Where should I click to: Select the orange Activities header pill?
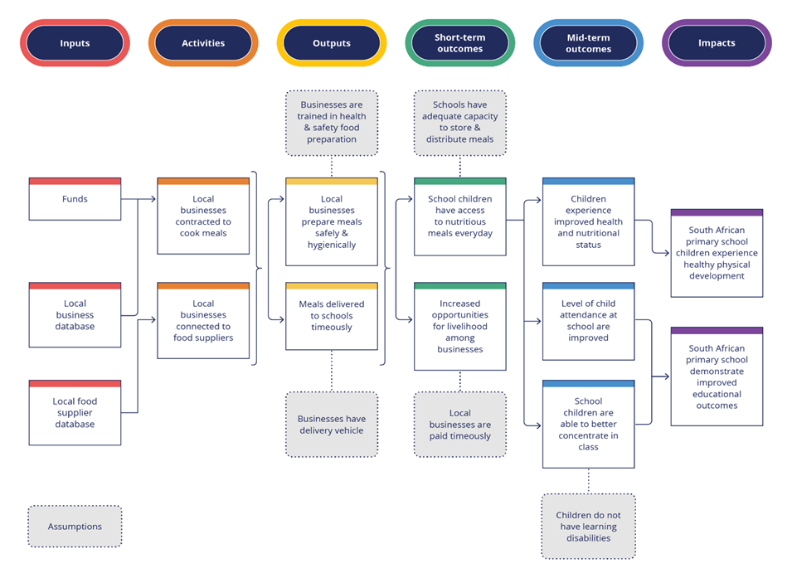tap(203, 43)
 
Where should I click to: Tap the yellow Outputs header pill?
tap(331, 43)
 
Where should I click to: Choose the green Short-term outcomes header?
tap(459, 43)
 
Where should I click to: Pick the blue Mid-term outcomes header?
tap(588, 43)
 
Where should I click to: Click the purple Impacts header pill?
tap(717, 43)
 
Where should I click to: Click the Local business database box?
tap(75, 315)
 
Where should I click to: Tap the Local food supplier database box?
tap(75, 413)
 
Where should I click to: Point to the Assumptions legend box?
tap(75, 527)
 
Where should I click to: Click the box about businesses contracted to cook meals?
tap(203, 216)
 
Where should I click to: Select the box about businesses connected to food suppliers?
tap(203, 321)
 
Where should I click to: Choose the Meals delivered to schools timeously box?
tap(331, 316)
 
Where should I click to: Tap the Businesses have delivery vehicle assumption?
tap(331, 425)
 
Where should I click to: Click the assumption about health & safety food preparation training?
tap(331, 123)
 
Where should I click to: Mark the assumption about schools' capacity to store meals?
tap(459, 123)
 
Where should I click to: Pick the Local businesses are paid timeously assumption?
tap(459, 425)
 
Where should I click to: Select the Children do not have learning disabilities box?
tap(588, 527)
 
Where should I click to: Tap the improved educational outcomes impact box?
tap(717, 377)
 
